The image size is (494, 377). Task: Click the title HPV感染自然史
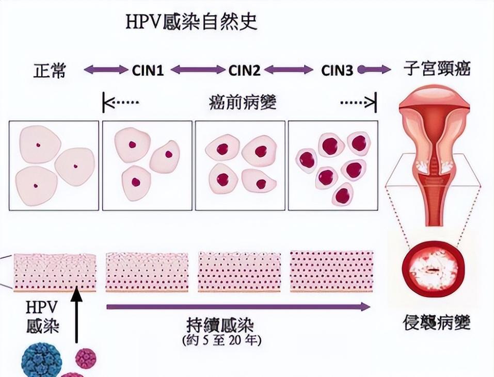[192, 22]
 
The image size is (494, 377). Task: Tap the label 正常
[50, 70]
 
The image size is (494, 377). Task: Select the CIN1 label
[148, 70]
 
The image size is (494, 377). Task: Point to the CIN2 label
[244, 70]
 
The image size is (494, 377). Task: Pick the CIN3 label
[337, 70]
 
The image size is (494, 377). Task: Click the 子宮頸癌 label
[437, 70]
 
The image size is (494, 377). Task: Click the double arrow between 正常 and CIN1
[105, 70]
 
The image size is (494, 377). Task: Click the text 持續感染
[221, 326]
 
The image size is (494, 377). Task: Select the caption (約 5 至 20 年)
[221, 341]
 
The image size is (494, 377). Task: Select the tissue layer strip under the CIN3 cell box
[331, 271]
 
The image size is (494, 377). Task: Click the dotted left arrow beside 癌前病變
[121, 103]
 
